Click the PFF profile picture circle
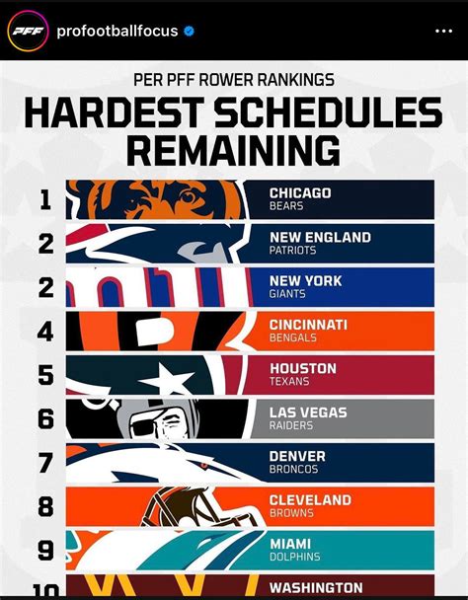point(28,31)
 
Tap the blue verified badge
point(189,31)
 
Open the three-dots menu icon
point(444,31)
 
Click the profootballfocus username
point(117,31)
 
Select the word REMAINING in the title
point(233,150)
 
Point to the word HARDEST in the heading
point(115,112)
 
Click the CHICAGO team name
point(300,192)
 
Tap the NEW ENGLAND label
point(320,237)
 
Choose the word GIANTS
point(287,294)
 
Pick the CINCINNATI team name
point(308,325)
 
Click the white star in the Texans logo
point(167,380)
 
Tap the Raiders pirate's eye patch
point(142,427)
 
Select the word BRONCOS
point(293,469)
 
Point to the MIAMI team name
point(290,544)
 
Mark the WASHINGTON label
point(316,588)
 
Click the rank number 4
point(45,332)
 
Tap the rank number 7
point(45,463)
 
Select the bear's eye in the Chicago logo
point(188,196)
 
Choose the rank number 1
point(45,199)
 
